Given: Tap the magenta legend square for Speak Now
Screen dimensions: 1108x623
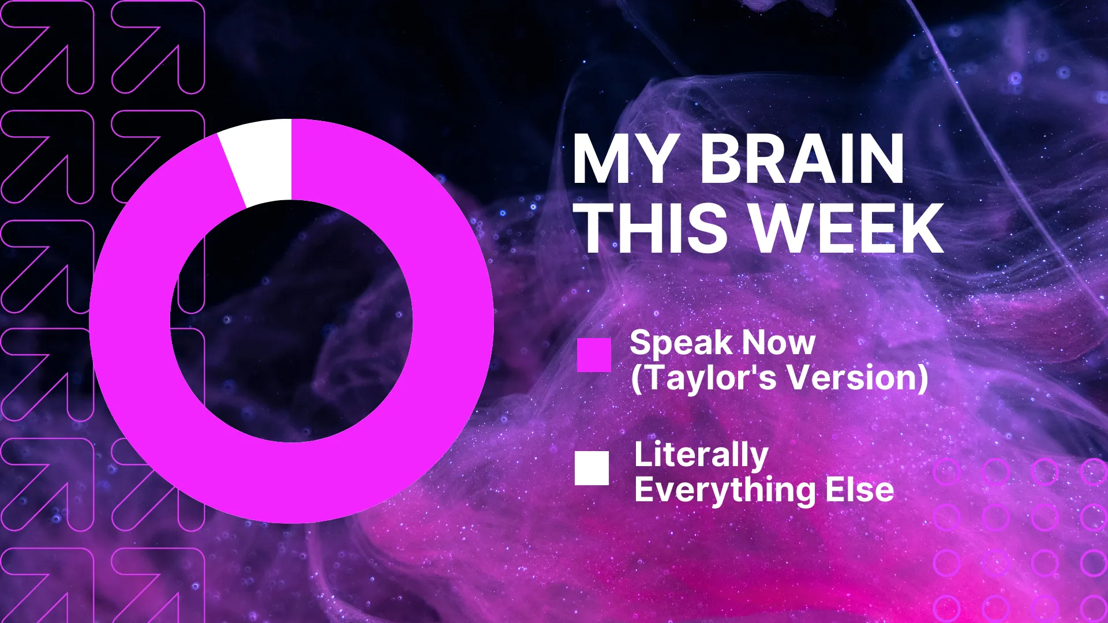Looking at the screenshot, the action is tap(594, 355).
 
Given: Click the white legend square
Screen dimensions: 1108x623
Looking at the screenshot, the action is tap(592, 468).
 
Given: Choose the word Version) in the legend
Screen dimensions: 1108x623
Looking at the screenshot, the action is tap(858, 378).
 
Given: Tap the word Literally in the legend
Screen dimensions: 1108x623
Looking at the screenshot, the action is tap(701, 456).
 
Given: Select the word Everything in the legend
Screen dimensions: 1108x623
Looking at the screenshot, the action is tap(725, 491).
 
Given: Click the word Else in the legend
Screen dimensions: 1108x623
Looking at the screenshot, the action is tap(860, 490).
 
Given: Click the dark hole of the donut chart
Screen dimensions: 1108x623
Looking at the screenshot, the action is tap(291, 321).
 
